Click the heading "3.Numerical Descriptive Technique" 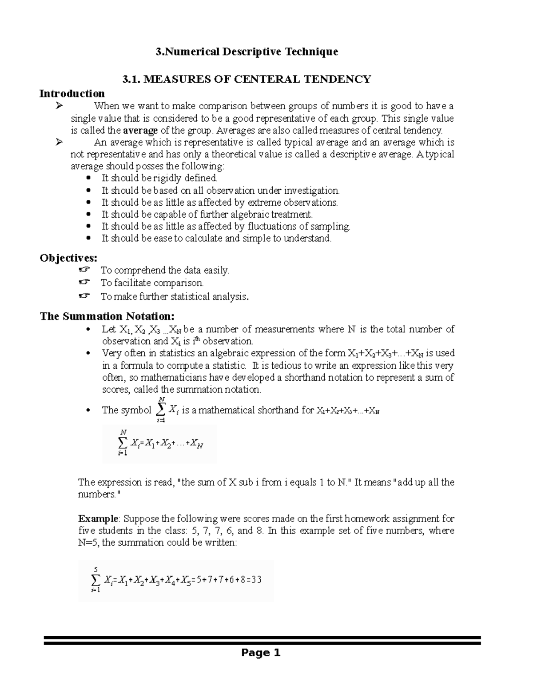coord(247,52)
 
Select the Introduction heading coord(72,94)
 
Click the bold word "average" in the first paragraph coord(140,131)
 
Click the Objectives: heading coord(68,258)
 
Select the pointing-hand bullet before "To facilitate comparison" coord(84,282)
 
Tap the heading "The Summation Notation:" coord(107,316)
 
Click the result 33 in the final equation coord(256,580)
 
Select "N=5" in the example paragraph coord(88,542)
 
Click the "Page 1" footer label coord(261,653)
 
